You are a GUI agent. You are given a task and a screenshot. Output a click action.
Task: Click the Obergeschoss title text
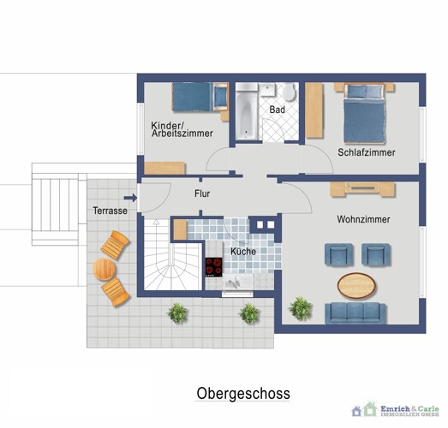click(x=243, y=394)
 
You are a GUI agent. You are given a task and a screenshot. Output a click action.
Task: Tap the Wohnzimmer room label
click(x=364, y=220)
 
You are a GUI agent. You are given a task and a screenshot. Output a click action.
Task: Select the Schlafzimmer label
click(x=366, y=152)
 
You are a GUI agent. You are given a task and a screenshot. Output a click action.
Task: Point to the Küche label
click(x=242, y=252)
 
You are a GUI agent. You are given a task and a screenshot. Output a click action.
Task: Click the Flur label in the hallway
click(x=202, y=194)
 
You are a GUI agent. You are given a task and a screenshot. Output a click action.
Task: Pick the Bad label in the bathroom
click(x=277, y=110)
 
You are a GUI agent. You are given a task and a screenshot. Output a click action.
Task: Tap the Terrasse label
click(x=111, y=211)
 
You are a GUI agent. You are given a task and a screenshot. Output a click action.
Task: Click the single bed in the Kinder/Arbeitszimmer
click(x=199, y=98)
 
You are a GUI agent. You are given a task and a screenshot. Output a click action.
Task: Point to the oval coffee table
click(x=361, y=282)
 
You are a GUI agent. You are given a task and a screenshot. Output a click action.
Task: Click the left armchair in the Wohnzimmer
click(x=337, y=254)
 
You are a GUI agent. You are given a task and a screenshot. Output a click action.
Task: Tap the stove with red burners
click(x=213, y=267)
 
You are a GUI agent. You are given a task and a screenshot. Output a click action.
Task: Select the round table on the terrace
click(x=105, y=270)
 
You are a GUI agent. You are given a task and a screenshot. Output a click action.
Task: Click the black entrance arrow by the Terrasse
click(x=129, y=197)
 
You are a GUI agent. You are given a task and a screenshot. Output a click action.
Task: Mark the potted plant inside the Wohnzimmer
click(x=300, y=307)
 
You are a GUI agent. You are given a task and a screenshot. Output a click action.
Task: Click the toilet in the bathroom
click(x=289, y=93)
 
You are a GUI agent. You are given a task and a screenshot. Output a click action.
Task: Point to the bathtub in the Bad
click(x=246, y=111)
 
